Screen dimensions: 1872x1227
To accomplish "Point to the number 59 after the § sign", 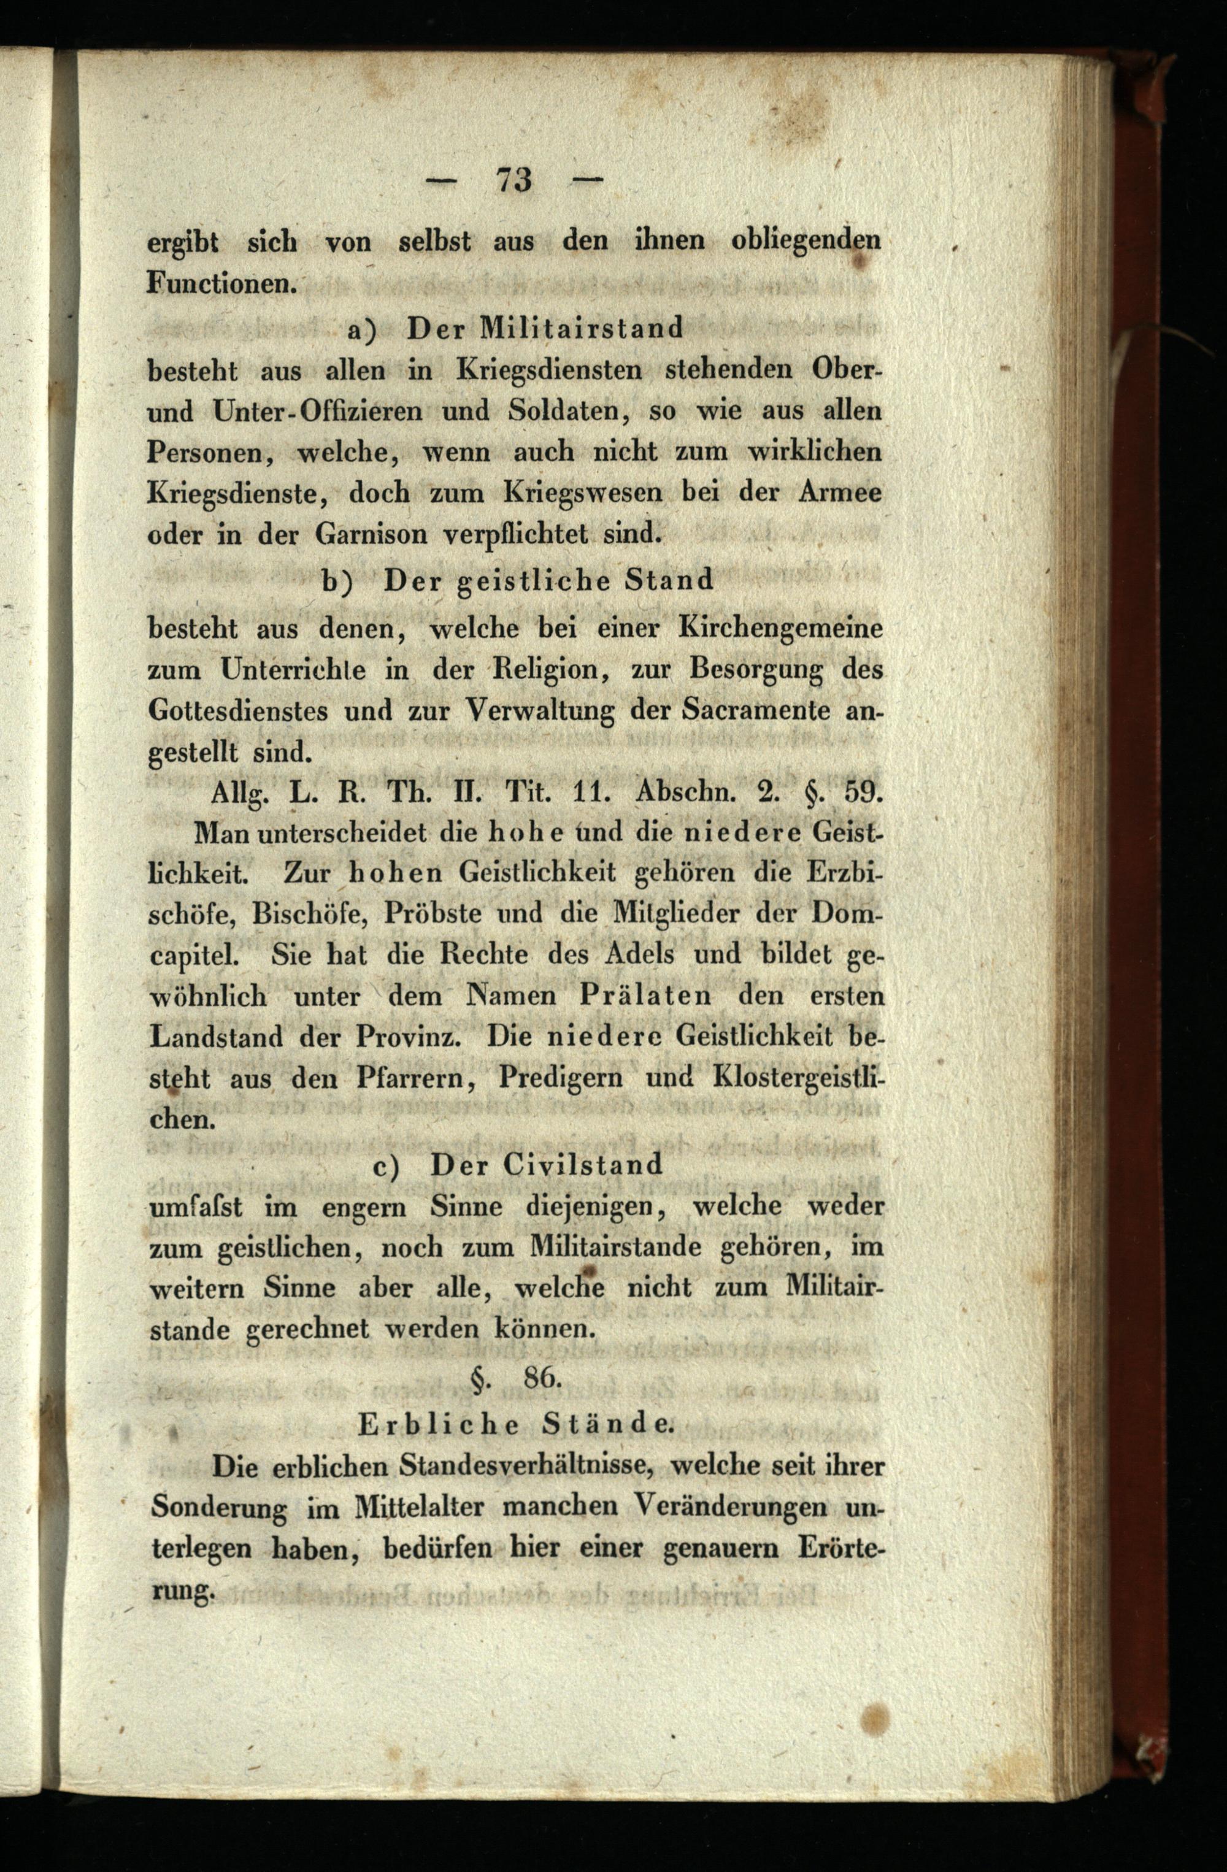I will click(x=863, y=791).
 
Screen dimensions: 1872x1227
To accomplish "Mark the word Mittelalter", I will click(x=421, y=1508).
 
